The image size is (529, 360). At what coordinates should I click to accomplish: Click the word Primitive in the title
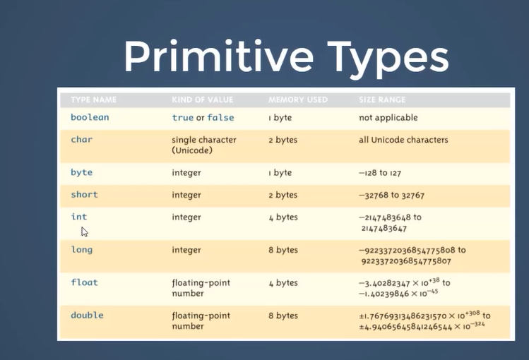coord(219,56)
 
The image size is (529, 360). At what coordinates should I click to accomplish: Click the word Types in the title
coord(388,60)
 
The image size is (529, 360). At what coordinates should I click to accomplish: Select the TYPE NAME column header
coord(94,100)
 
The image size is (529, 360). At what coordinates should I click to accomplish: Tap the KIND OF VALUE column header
coord(203,100)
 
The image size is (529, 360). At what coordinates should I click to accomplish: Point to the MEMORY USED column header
coord(298,100)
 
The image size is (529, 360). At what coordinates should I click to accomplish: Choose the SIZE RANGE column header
coord(382,100)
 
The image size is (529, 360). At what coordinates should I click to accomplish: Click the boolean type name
coord(90,117)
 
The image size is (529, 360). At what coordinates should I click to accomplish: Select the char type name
coord(82,140)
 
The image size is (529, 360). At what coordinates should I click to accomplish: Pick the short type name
coord(84,195)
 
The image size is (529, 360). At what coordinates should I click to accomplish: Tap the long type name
coord(82,250)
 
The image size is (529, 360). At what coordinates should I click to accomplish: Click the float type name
coord(84,282)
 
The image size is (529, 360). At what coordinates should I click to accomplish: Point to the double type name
coord(87,315)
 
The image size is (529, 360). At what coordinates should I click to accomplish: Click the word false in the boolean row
coord(220,117)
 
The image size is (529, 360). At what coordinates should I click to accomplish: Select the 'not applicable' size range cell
coord(388,118)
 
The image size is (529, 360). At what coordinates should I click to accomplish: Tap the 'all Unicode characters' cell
coord(403,140)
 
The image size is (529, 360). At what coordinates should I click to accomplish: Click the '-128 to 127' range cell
coord(380,173)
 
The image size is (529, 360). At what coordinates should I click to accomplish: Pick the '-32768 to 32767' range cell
coord(392,195)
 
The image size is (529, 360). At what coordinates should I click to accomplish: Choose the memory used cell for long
coord(283,250)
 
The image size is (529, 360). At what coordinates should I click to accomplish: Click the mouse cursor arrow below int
coord(84,232)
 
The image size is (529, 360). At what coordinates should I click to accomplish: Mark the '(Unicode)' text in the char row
coord(192,150)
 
